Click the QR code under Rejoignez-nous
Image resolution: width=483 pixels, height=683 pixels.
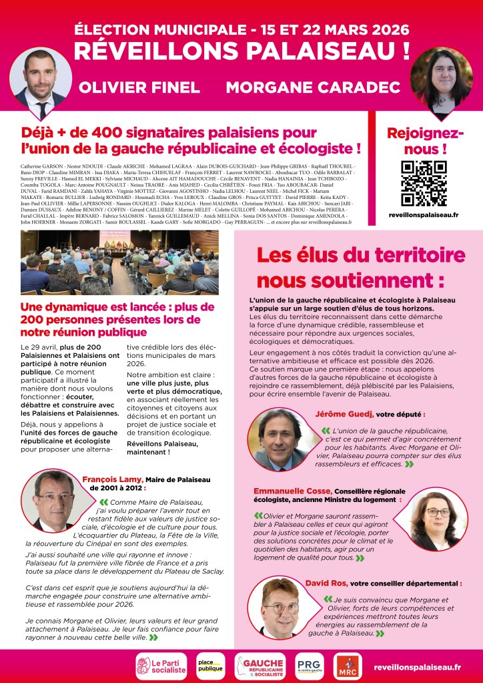pyautogui.click(x=424, y=183)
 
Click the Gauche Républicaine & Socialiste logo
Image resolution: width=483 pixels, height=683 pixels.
pyautogui.click(x=260, y=666)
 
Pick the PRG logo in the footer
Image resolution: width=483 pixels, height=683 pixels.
pyautogui.click(x=309, y=666)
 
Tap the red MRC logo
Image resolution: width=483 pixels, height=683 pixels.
pyautogui.click(x=348, y=666)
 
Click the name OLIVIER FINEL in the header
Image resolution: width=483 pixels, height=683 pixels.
pyautogui.click(x=139, y=87)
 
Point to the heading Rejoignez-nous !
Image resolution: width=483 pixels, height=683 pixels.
pyautogui.click(x=425, y=140)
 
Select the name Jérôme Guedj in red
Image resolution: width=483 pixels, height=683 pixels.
pyautogui.click(x=342, y=414)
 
